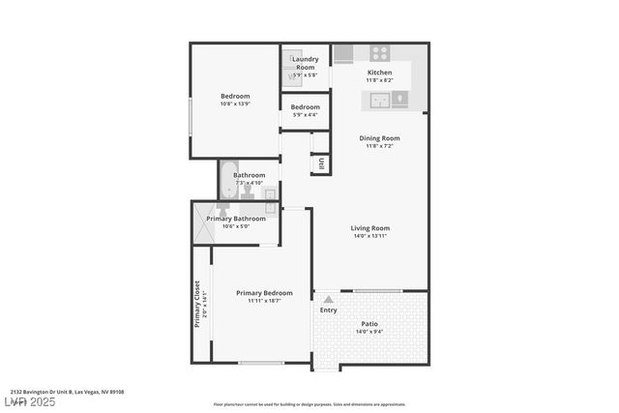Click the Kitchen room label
(x=379, y=74)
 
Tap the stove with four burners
(x=379, y=53)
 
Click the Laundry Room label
(x=305, y=63)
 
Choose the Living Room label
(x=369, y=228)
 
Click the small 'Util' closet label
(x=321, y=163)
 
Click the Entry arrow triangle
(x=329, y=300)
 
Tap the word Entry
(x=329, y=310)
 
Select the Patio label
(x=369, y=324)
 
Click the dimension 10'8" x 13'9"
(x=235, y=103)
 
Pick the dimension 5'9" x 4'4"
(x=305, y=115)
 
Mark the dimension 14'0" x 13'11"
(x=369, y=236)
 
